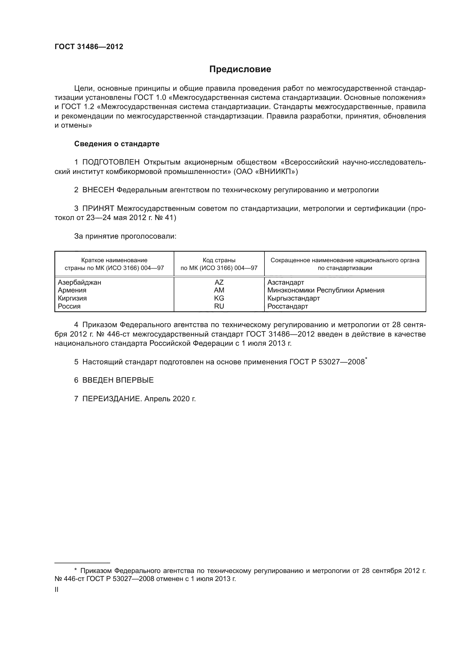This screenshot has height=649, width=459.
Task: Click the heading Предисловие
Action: (240, 69)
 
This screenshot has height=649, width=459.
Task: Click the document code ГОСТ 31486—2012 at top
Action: (89, 47)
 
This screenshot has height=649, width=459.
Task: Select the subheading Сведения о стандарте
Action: (117, 144)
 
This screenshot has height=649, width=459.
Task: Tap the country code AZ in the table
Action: (219, 282)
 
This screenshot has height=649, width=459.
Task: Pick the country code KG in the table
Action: (219, 298)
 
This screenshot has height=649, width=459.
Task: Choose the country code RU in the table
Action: (219, 306)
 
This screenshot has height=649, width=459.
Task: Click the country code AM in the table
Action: (219, 290)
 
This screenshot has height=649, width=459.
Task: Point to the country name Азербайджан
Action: (79, 282)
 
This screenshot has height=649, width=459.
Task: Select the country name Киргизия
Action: (72, 298)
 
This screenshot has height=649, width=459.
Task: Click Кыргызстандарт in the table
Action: (294, 298)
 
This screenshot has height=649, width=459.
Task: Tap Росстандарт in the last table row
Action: (288, 306)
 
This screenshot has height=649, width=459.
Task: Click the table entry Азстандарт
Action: (286, 282)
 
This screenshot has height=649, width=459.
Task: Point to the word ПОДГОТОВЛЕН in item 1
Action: (111, 162)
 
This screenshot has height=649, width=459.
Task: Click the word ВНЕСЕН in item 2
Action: (98, 190)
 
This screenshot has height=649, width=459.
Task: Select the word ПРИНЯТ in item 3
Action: (98, 209)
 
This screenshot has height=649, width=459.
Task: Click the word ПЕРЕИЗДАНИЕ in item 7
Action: (111, 399)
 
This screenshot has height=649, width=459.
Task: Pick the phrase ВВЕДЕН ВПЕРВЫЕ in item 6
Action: (118, 380)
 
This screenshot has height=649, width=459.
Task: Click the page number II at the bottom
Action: (57, 590)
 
